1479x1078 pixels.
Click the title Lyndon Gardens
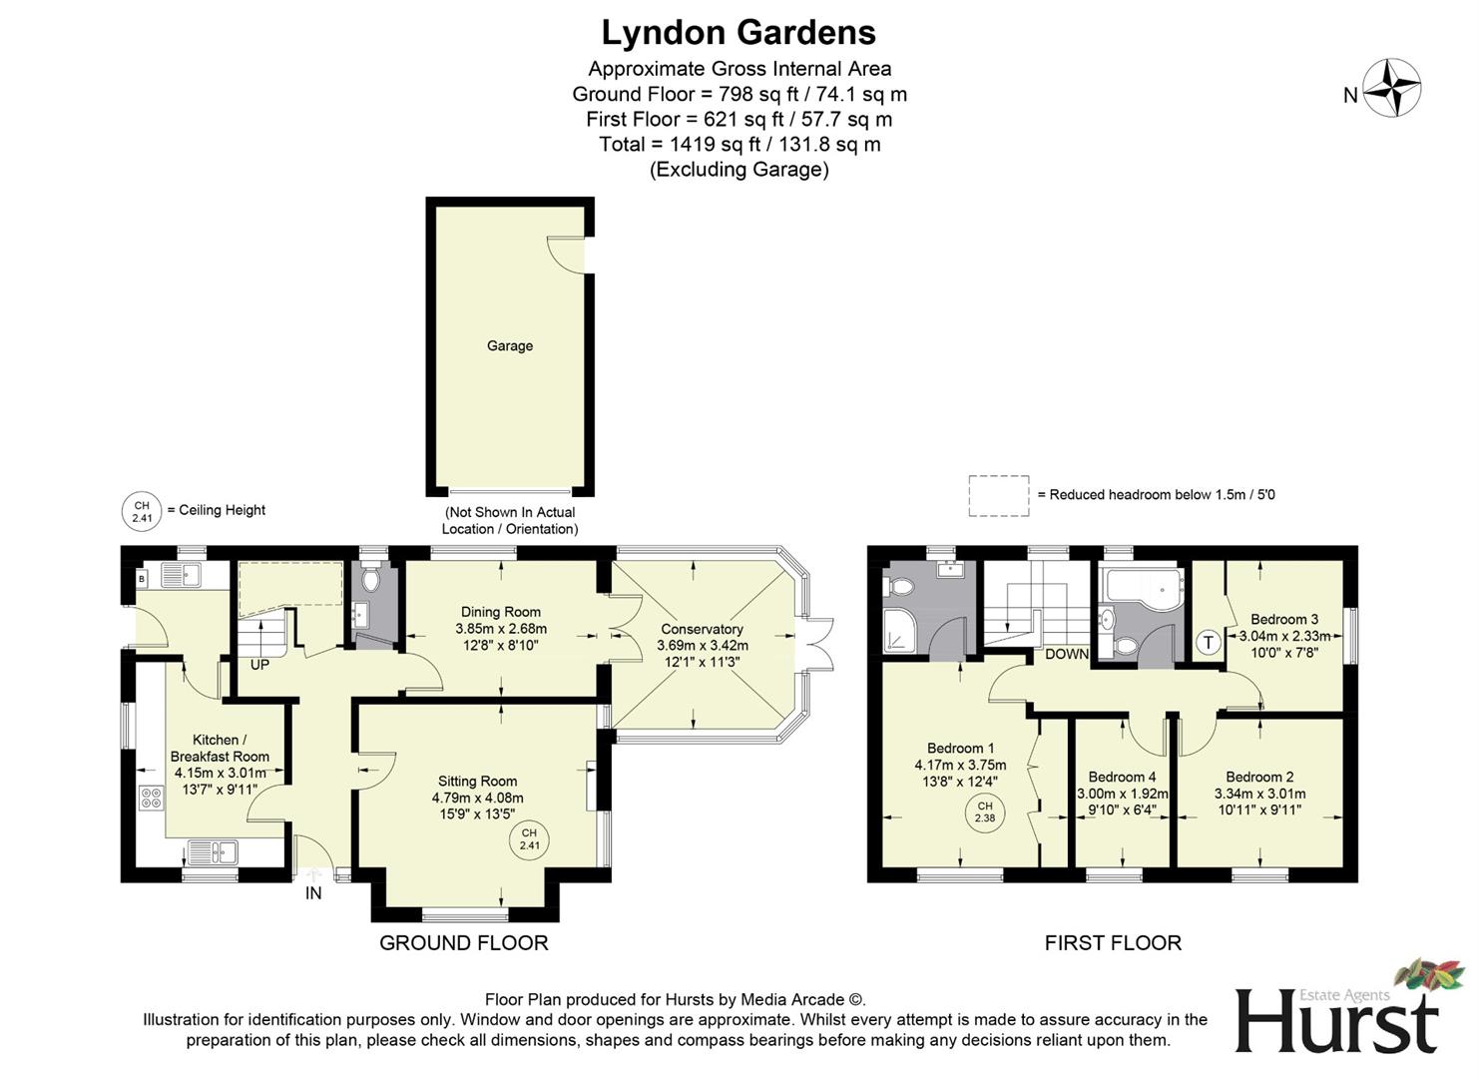tap(739, 33)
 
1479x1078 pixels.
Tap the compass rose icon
tap(1392, 88)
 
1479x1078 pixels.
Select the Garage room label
tap(510, 345)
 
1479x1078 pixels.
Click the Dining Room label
tap(501, 612)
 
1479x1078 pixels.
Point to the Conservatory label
tap(702, 629)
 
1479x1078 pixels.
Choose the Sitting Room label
tap(477, 782)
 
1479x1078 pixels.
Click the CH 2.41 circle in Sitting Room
tap(529, 839)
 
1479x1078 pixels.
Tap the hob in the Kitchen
tap(152, 798)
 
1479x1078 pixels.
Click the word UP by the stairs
tap(259, 665)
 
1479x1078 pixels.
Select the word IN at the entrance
tap(313, 893)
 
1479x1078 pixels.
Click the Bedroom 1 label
tap(960, 748)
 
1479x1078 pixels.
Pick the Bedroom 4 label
tap(1122, 777)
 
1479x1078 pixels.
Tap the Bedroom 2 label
tap(1259, 777)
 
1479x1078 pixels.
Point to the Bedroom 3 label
tap(1284, 619)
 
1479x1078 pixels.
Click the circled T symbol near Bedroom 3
tap(1209, 642)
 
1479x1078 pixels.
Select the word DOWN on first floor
tap(1067, 655)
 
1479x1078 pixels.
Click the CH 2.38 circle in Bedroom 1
tap(985, 812)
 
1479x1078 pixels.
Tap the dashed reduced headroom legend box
tap(999, 495)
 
